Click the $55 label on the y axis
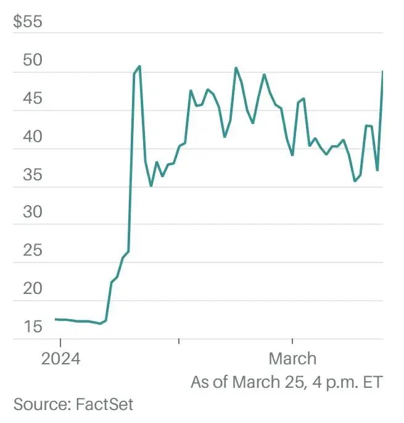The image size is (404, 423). pyautogui.click(x=27, y=23)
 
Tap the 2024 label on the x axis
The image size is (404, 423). pyautogui.click(x=60, y=359)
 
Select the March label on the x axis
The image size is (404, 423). pyautogui.click(x=292, y=359)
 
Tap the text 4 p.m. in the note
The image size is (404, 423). pyautogui.click(x=334, y=382)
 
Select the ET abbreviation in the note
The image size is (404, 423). pyautogui.click(x=373, y=382)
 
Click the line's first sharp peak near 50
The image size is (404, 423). pyautogui.click(x=139, y=66)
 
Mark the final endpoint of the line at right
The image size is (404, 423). pyautogui.click(x=382, y=72)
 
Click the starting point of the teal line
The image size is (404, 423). pyautogui.click(x=56, y=319)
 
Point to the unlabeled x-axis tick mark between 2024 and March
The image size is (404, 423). pyautogui.click(x=179, y=340)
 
